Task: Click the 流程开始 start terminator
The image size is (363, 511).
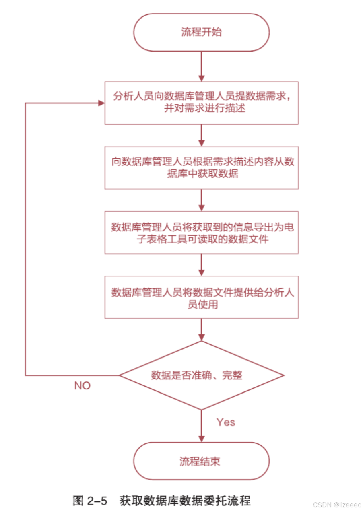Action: (201, 33)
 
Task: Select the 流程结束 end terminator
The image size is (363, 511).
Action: (201, 461)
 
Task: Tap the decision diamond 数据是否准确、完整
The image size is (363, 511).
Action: (201, 375)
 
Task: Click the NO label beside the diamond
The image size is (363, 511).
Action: (82, 386)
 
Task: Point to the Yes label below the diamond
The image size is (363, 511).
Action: (225, 422)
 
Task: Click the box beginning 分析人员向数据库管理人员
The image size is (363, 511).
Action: (201, 103)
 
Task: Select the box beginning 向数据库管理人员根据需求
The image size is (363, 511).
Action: (201, 167)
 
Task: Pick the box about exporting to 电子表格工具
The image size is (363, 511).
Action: (201, 233)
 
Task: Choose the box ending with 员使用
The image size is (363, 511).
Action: (201, 297)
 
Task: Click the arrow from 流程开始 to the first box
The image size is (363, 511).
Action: (201, 66)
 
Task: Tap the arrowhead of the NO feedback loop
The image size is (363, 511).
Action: (101, 103)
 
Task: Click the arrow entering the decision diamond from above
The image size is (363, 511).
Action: (201, 330)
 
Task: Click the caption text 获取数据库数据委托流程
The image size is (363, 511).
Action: (185, 501)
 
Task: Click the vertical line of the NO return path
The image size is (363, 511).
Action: (25, 241)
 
